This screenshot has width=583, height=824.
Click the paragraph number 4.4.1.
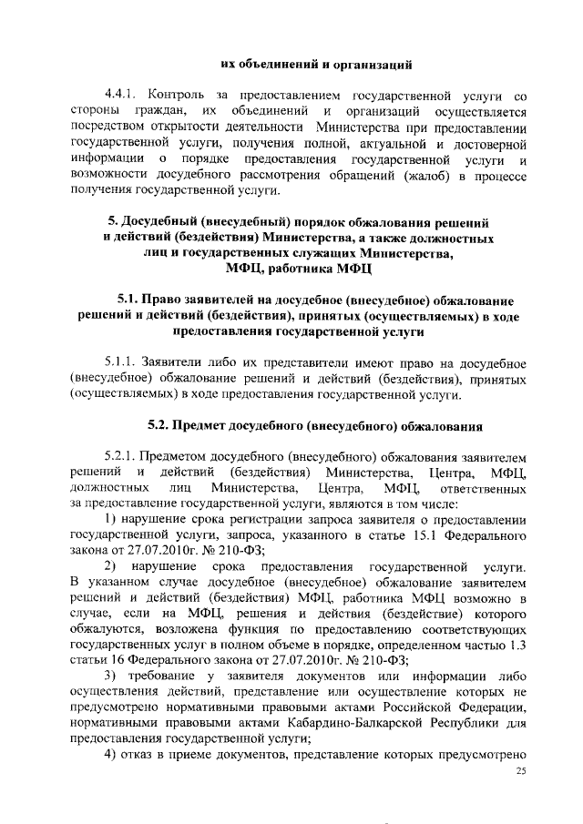[120, 95]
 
